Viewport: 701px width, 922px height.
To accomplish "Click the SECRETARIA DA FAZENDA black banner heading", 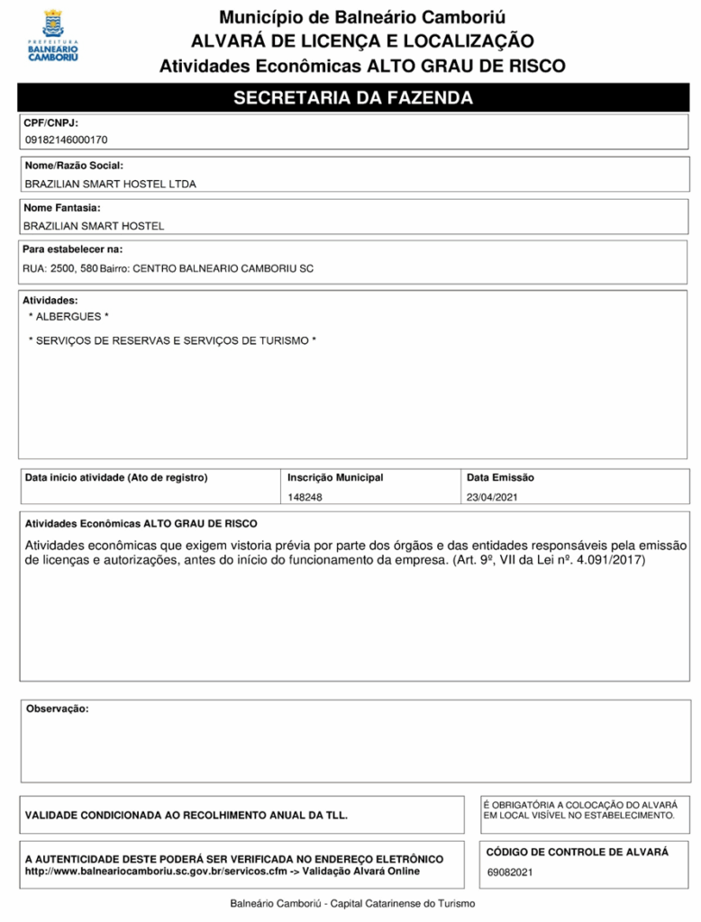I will (x=353, y=98).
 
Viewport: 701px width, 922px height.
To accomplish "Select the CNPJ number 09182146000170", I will (x=66, y=140).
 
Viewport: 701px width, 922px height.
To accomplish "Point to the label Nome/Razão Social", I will (x=74, y=166).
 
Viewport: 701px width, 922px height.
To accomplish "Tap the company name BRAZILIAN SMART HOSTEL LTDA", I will (x=110, y=184).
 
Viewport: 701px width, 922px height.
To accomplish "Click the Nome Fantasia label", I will (x=61, y=208).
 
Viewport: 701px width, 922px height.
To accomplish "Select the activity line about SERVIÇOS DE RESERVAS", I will (x=172, y=340).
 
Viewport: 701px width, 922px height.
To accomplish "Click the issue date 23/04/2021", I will (x=493, y=497).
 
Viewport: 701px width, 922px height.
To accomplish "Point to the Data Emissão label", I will (x=500, y=477).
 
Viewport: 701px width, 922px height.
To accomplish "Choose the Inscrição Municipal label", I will (x=335, y=477).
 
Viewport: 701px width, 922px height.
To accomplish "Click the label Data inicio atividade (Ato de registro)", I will (x=116, y=477).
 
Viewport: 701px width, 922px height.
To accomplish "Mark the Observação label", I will (x=58, y=709).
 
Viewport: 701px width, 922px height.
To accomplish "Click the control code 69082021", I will (x=510, y=872).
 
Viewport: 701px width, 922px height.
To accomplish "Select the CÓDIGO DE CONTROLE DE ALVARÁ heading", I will (x=578, y=852).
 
